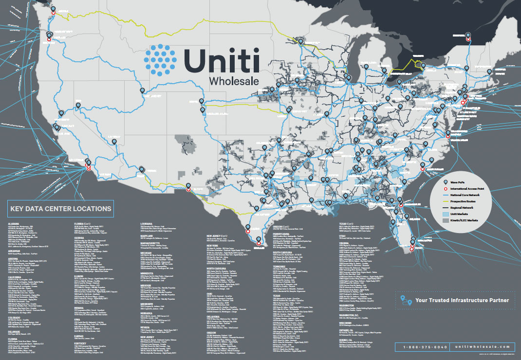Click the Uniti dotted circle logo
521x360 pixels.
(161, 61)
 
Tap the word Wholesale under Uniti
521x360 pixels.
(233, 80)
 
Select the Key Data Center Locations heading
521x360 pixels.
(60, 209)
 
